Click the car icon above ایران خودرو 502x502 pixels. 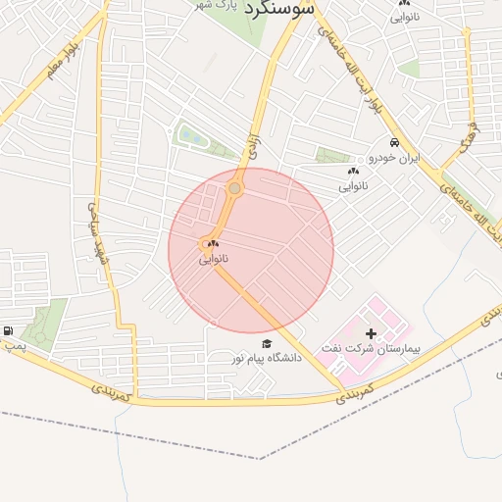394,142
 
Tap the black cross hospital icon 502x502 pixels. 370,334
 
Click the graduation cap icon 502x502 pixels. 267,343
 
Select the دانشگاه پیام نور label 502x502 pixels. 266,358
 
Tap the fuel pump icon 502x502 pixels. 9,330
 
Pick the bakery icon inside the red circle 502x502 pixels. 213,244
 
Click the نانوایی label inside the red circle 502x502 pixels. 213,259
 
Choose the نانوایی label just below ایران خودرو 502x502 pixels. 353,185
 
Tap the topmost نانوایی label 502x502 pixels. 405,17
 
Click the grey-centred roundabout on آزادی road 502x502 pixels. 234,188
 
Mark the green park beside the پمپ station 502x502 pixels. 43,324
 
